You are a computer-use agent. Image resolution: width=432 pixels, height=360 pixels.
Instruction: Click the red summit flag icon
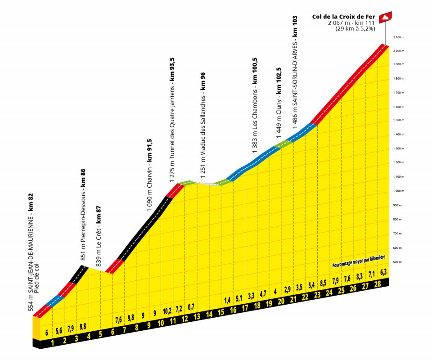pos(386,17)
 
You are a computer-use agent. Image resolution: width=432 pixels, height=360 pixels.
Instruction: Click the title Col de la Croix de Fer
pos(343,17)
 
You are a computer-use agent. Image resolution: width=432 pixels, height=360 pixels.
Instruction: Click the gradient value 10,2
pos(167,310)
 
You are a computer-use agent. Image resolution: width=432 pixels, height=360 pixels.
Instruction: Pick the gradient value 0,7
pos(191,306)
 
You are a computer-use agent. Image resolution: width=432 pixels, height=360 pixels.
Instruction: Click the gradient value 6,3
pos(383,272)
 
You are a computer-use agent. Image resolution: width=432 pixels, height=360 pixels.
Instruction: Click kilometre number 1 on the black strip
pos(53,343)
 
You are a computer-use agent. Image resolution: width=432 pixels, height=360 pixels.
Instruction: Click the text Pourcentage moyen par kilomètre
pos(359,265)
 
